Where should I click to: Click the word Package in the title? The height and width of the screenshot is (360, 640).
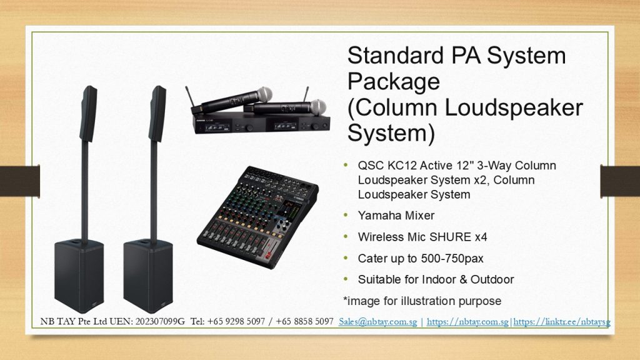click(x=394, y=81)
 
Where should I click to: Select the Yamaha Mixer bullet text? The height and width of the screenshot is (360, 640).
click(x=396, y=216)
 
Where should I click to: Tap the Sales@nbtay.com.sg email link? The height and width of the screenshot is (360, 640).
click(x=377, y=322)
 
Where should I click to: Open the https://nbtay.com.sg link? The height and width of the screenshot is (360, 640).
click(x=467, y=322)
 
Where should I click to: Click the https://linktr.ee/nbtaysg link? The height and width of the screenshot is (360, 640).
click(x=562, y=322)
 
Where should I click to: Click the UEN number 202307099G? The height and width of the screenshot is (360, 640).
click(x=160, y=322)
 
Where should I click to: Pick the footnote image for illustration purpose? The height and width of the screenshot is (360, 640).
click(x=422, y=301)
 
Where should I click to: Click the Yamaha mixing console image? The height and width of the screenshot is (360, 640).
click(x=257, y=217)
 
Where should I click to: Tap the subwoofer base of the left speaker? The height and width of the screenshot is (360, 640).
click(x=79, y=276)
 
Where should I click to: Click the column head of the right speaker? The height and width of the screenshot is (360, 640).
click(x=157, y=114)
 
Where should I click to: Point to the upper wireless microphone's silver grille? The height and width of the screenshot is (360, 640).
click(x=264, y=94)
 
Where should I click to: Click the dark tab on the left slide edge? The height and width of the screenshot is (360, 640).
click(x=20, y=181)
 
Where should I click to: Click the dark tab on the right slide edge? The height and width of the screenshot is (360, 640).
click(x=620, y=181)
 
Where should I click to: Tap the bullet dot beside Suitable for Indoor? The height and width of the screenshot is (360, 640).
click(x=346, y=279)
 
